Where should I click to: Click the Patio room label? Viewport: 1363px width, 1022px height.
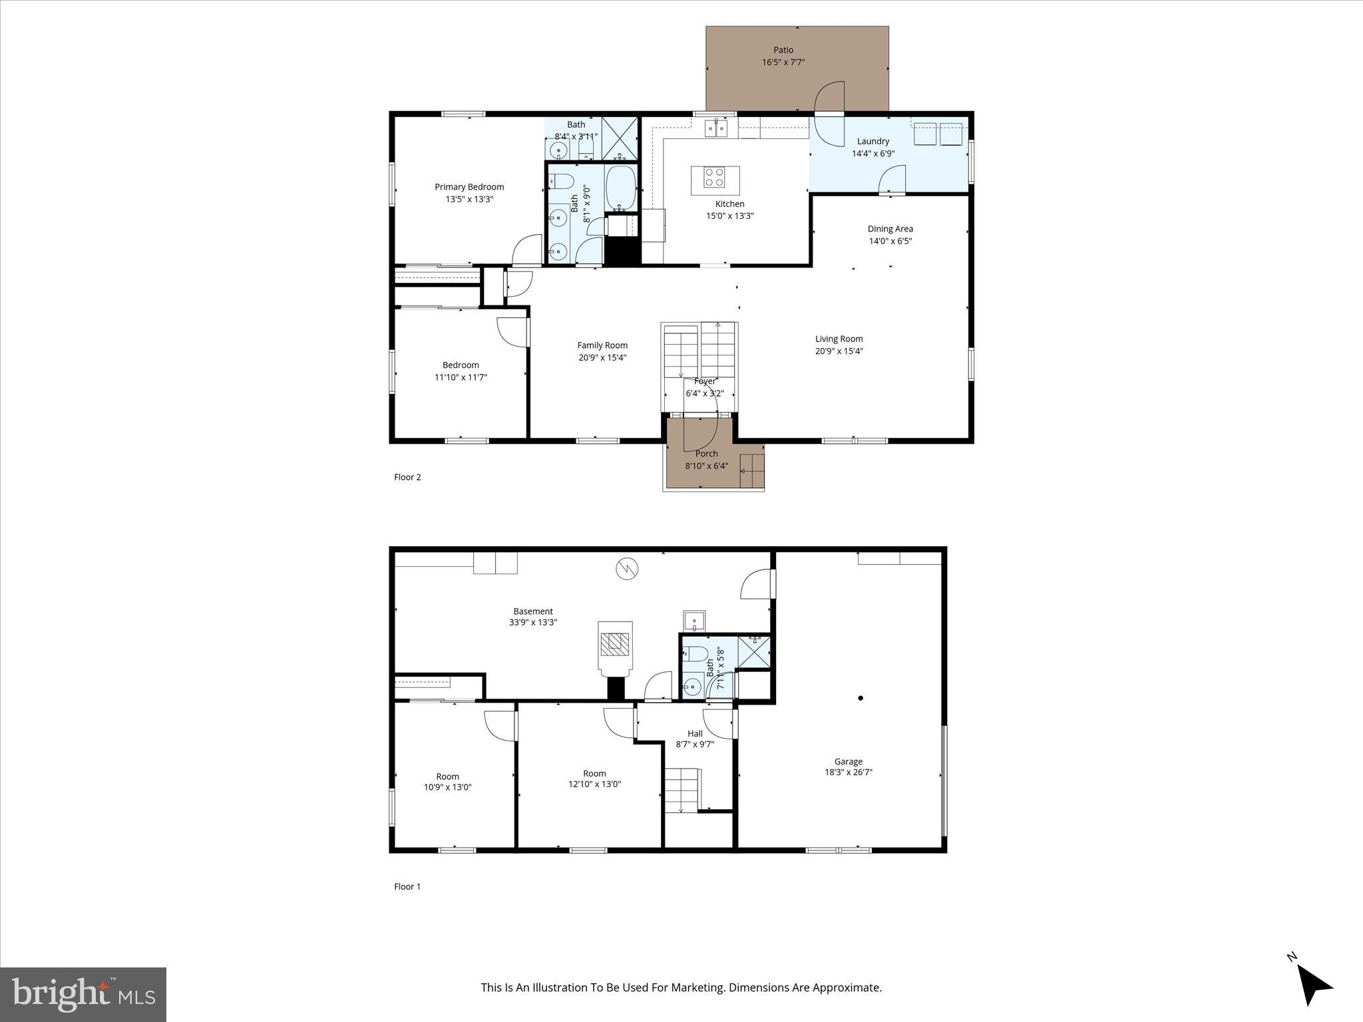tap(783, 50)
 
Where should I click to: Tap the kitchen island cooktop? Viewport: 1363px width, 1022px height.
tap(715, 177)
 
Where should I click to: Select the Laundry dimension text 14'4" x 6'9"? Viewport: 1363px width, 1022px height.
tap(873, 154)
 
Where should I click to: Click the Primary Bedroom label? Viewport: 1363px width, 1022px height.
tap(469, 187)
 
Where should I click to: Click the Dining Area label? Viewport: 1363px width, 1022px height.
tap(890, 229)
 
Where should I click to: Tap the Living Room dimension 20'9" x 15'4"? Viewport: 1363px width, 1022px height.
tap(839, 351)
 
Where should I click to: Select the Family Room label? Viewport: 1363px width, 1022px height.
tap(602, 345)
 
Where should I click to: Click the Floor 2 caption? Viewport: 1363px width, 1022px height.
tap(407, 477)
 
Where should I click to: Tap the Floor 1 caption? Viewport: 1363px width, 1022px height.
tap(407, 886)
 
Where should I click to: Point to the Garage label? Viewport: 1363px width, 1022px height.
tap(848, 761)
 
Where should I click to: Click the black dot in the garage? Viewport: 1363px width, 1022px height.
tap(861, 698)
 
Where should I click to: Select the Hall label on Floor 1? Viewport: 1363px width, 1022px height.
tap(695, 733)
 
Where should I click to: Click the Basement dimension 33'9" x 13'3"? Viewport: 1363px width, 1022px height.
tap(532, 623)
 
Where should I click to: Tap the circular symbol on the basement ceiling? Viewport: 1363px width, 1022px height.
tap(627, 568)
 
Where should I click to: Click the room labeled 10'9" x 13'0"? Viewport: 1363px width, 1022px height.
tap(447, 782)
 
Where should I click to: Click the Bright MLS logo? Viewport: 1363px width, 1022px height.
tap(83, 994)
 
